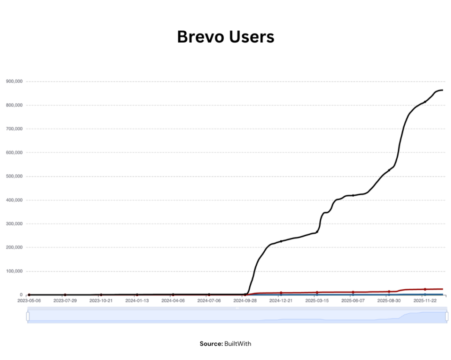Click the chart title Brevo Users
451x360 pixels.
coord(225,37)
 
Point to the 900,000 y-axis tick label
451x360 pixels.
coord(15,81)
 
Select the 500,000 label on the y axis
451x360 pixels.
coord(15,176)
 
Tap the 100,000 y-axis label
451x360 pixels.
coord(15,271)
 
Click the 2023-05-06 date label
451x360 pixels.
coord(29,301)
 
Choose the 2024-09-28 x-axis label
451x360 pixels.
coord(245,301)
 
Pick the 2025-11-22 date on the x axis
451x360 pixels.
coord(425,301)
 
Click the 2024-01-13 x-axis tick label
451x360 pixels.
coord(137,301)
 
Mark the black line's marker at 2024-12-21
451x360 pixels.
coord(281,241)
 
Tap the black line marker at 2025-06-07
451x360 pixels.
coord(353,195)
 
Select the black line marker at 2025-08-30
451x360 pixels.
coord(389,170)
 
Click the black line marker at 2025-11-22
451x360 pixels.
coord(425,102)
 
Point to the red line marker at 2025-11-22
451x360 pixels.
coord(425,289)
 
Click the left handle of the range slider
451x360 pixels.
coord(28,316)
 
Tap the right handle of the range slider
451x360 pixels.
coord(447,316)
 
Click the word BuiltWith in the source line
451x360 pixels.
coord(238,343)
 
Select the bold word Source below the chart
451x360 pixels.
coord(211,343)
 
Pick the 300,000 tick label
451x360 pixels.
coord(15,224)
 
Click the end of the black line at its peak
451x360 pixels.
coord(442,90)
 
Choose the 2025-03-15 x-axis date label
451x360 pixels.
coord(317,301)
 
